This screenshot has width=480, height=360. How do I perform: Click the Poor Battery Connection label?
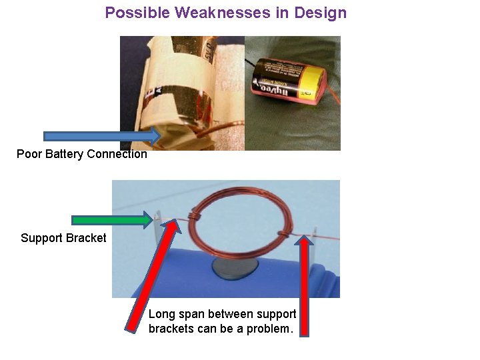tap(81, 154)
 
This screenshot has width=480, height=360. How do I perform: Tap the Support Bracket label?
tap(63, 238)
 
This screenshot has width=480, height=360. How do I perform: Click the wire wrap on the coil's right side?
tap(283, 234)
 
